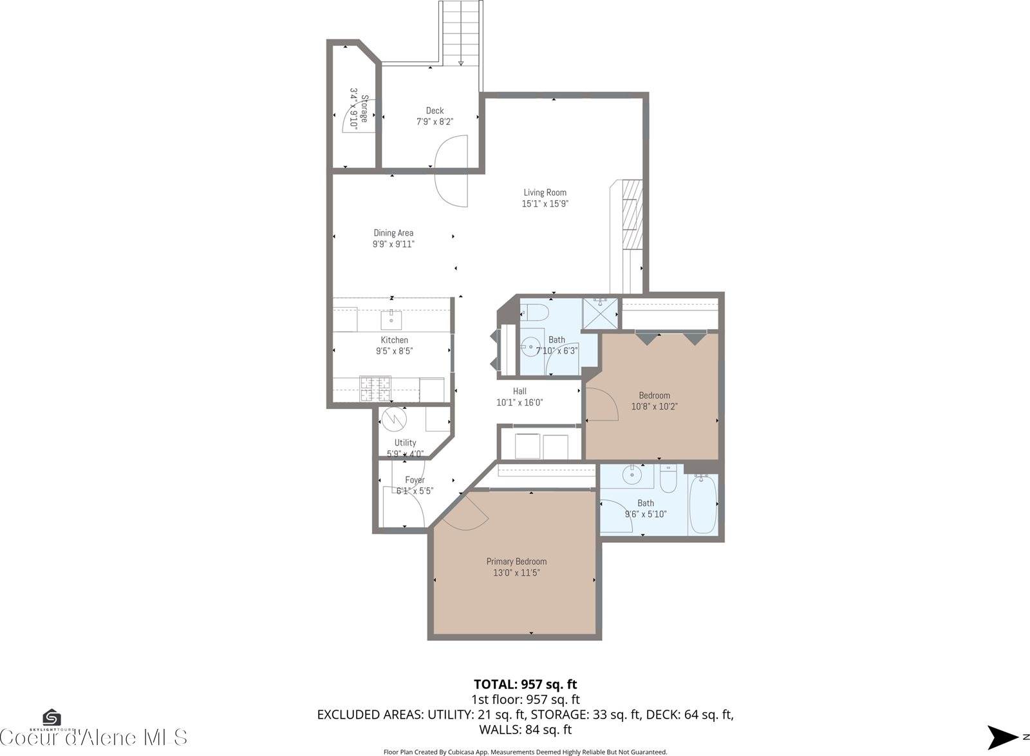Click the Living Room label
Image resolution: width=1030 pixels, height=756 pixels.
tap(545, 193)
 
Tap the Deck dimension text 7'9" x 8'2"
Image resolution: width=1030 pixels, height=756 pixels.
tap(435, 121)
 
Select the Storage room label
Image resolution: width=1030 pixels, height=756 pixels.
tap(364, 109)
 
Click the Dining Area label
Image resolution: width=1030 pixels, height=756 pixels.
tap(393, 233)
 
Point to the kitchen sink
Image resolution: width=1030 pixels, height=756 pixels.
tap(391, 318)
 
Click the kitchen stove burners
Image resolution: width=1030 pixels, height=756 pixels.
tap(375, 388)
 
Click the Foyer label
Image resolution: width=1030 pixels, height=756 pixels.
tap(415, 480)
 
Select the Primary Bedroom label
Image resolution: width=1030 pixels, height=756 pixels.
tap(516, 562)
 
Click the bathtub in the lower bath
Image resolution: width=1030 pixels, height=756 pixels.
tap(702, 504)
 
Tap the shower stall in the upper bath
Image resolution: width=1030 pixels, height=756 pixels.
tap(599, 312)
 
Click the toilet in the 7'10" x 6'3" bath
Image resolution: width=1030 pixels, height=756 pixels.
tap(535, 313)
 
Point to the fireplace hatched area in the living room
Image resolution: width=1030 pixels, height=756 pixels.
tap(632, 214)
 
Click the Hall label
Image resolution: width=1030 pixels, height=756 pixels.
tap(520, 391)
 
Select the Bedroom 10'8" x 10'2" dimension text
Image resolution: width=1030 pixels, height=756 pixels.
tap(654, 406)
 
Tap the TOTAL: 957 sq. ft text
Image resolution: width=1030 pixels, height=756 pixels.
tap(521, 684)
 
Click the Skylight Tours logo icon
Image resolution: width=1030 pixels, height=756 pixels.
tap(51, 717)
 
